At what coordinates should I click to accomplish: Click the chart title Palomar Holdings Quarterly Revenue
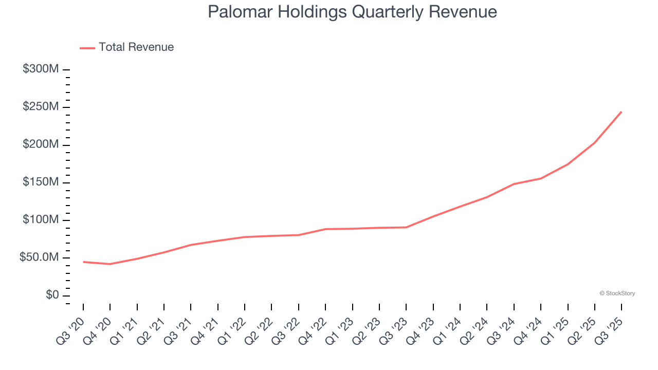click(x=352, y=12)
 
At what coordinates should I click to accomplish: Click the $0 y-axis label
click(x=52, y=295)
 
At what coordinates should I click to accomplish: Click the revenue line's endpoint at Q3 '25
click(x=622, y=112)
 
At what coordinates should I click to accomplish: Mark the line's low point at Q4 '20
click(x=110, y=264)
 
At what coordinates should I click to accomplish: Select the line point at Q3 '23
click(x=406, y=227)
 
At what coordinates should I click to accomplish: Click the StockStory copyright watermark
click(x=617, y=293)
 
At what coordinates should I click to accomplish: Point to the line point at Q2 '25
click(x=595, y=143)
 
